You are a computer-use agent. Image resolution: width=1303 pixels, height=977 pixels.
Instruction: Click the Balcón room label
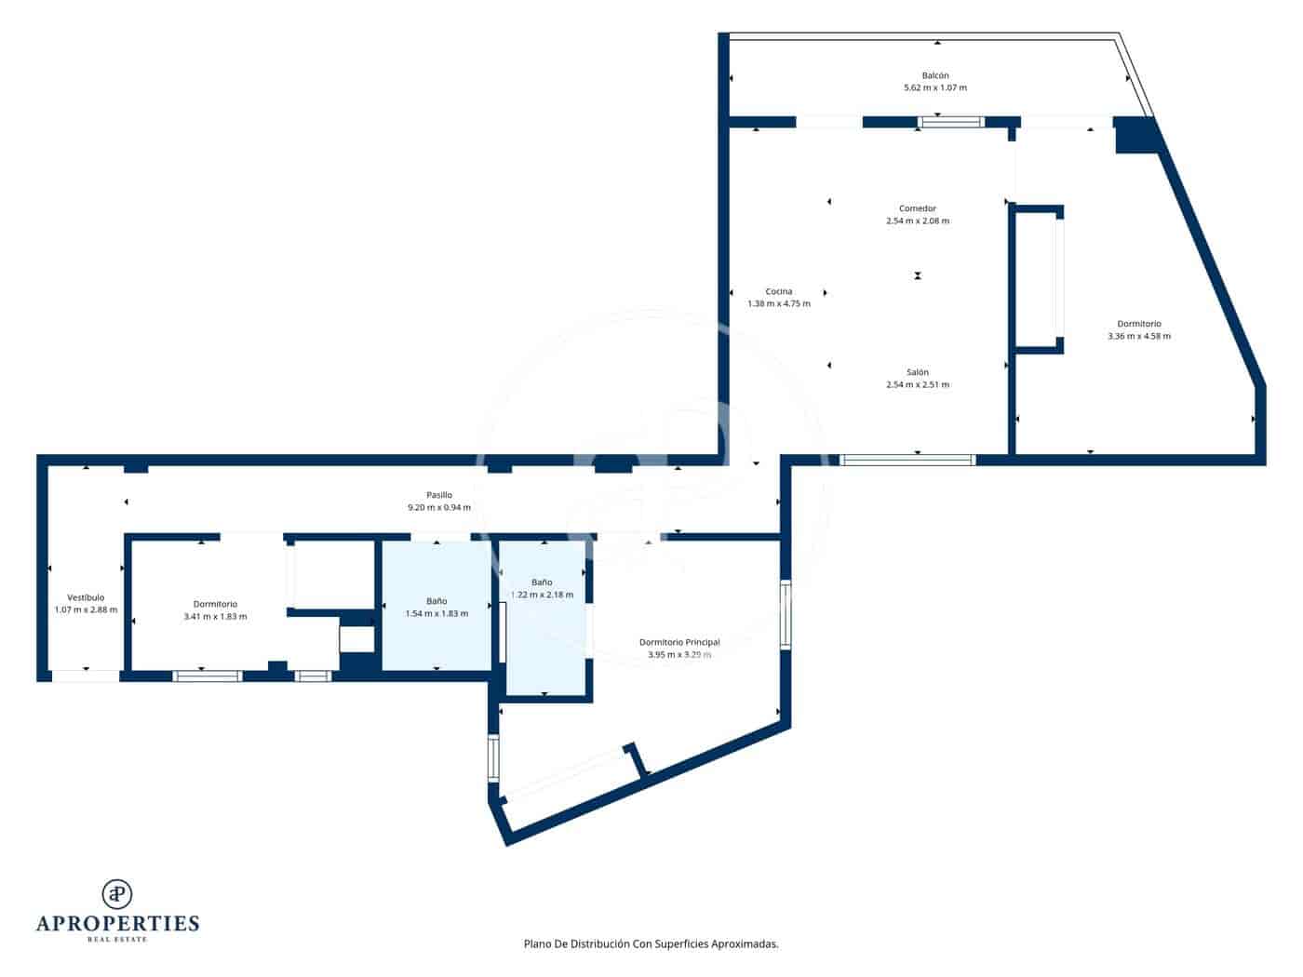pos(935,75)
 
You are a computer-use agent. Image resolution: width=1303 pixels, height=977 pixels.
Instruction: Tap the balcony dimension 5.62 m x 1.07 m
pos(935,88)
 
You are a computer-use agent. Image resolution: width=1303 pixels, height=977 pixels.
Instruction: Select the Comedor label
pos(918,208)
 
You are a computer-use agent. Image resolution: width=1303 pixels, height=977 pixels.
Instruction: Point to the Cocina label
pos(779,291)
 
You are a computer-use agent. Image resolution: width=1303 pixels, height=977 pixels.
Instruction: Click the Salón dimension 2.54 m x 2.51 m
pos(918,384)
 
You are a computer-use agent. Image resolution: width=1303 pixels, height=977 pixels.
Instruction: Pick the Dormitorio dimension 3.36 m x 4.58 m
pos(1139,337)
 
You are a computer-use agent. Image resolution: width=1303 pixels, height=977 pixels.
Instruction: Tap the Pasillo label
pos(439,495)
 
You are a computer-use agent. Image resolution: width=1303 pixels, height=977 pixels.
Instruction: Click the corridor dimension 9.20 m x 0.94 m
pos(439,508)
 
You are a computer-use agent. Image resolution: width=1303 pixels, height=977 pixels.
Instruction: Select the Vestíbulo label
pos(86,597)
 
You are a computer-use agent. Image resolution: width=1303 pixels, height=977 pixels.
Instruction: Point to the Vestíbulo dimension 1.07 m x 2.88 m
pos(86,610)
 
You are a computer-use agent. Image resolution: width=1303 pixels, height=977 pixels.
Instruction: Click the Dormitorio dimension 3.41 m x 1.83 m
pos(215,617)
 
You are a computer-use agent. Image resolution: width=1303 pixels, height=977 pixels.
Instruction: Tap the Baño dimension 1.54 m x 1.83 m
pos(437,614)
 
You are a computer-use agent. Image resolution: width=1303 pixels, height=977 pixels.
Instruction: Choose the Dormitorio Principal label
pos(679,642)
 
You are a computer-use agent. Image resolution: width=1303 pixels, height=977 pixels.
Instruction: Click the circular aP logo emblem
pos(117,894)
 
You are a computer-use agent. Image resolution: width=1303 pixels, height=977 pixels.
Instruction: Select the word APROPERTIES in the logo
pos(117,924)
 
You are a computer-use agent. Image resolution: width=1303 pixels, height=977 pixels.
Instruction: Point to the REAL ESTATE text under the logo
pos(117,940)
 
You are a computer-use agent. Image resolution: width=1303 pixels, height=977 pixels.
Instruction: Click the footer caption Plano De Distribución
pos(651,944)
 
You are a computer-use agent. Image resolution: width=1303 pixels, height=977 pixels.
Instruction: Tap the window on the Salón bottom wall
pos(907,460)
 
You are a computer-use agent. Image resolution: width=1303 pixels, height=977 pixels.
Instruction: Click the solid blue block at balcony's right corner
pos(1135,134)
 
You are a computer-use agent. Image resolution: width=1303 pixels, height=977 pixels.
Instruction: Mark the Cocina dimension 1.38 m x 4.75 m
pos(779,304)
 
